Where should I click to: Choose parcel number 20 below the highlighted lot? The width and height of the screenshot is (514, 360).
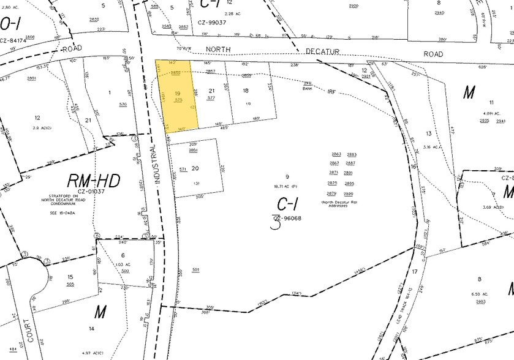pos(195,168)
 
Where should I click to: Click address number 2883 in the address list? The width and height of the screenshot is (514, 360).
pos(352,155)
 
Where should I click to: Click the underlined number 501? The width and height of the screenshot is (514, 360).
pos(196,269)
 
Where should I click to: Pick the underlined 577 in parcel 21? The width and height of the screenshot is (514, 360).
pos(211,98)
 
